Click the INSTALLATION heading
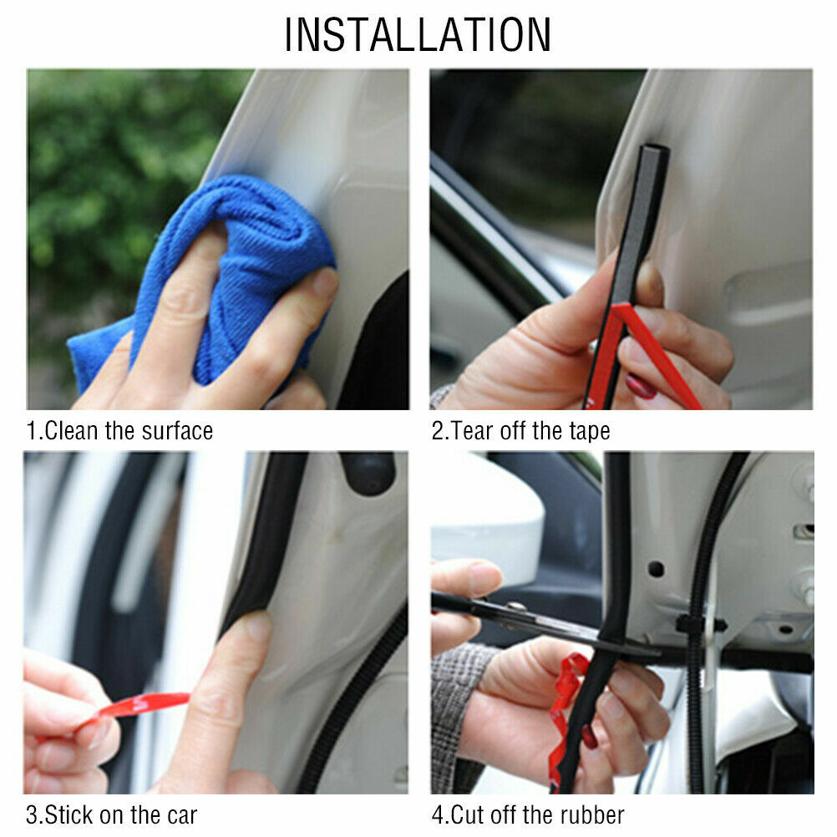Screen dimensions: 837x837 418,35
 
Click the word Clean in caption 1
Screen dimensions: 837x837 71,431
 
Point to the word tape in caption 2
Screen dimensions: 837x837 588,431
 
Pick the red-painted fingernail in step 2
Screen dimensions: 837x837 642,386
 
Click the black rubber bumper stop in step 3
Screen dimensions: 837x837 368,472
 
